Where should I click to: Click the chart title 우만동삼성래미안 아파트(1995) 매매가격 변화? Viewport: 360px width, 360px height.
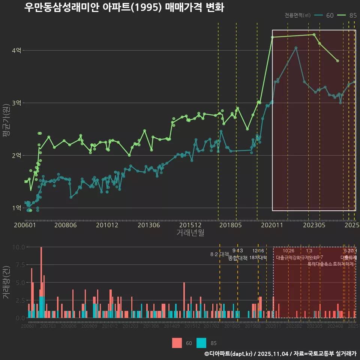click(x=124, y=7)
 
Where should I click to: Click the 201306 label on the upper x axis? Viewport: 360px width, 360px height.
click(x=149, y=225)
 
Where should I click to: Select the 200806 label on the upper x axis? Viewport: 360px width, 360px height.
click(x=66, y=225)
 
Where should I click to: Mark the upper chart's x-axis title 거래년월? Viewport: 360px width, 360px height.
click(x=190, y=233)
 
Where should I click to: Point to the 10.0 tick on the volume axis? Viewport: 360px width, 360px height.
click(x=19, y=247)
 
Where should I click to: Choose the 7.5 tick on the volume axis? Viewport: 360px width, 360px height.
click(x=19, y=265)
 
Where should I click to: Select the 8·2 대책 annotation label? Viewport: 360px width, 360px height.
click(x=219, y=254)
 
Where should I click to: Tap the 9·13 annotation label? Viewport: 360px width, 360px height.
click(x=237, y=251)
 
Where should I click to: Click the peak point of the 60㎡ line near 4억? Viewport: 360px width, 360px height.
click(x=296, y=48)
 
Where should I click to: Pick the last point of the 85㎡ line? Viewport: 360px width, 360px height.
click(x=338, y=61)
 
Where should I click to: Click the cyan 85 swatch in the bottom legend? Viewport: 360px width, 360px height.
click(x=201, y=343)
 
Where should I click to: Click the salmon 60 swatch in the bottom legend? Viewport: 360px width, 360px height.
click(x=177, y=343)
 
